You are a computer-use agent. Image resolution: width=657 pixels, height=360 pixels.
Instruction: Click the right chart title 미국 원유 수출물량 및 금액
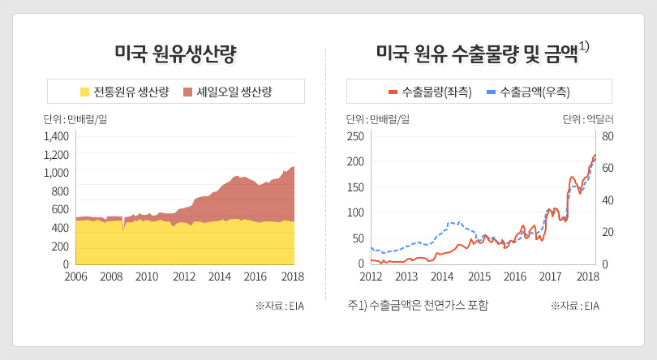(478, 54)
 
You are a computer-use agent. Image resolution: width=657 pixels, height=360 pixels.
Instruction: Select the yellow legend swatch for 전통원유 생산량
(84, 92)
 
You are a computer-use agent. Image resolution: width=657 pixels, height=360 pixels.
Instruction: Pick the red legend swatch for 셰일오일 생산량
(188, 92)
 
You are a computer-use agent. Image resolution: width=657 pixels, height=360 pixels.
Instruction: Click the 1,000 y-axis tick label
(56, 173)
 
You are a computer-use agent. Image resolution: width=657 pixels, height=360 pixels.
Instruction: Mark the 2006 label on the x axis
(75, 276)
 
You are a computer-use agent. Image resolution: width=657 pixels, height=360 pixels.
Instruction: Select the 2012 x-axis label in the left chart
(184, 276)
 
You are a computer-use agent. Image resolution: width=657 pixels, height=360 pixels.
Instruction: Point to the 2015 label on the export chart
(479, 276)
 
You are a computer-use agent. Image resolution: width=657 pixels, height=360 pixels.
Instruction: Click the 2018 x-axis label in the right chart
(587, 276)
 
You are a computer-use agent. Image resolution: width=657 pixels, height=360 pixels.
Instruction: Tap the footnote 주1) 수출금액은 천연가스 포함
(418, 306)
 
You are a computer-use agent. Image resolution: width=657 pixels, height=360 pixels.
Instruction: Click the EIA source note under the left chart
(280, 306)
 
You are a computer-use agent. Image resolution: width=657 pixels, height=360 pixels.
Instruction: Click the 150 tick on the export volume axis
(355, 187)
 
